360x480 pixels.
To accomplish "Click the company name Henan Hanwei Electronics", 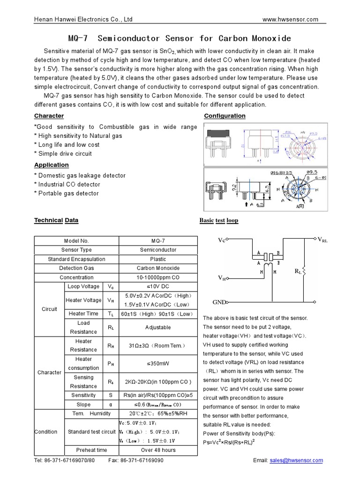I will click(x=84, y=19).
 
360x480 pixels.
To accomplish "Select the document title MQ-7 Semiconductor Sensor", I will click(x=180, y=38).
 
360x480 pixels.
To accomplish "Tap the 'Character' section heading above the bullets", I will click(x=49, y=116).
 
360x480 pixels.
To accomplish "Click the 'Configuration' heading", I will click(x=225, y=116).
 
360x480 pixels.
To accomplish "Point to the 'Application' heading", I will click(x=52, y=165).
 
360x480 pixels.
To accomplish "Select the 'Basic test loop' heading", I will click(x=218, y=220).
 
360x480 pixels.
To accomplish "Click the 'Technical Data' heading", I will click(x=56, y=220).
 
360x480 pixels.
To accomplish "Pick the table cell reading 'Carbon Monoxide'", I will click(x=158, y=268).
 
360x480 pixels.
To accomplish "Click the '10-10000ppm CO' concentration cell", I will click(x=158, y=277).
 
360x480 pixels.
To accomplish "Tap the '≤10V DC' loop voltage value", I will click(x=158, y=286).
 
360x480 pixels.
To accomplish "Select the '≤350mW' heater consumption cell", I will click(x=158, y=363).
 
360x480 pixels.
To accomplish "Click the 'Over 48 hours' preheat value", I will click(x=158, y=450).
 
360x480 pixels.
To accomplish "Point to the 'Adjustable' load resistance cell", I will click(x=158, y=327).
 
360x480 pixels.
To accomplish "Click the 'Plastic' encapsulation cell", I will click(x=158, y=259).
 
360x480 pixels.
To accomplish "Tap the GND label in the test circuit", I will click(x=219, y=301).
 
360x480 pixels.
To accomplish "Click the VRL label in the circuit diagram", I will click(x=322, y=240).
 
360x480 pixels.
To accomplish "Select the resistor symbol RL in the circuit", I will click(x=304, y=271).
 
